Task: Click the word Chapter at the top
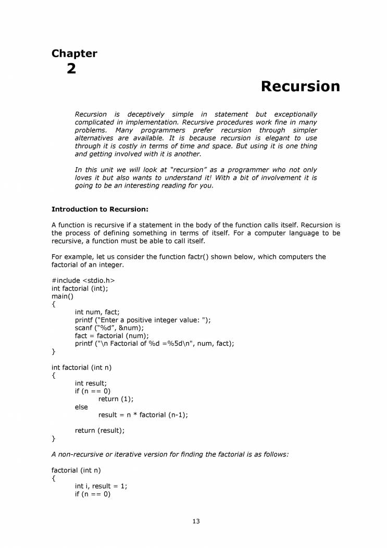tap(74, 53)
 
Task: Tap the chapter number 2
tap(71, 69)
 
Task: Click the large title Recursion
tap(300, 86)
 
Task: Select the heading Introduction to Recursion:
tap(100, 209)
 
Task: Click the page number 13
tap(196, 521)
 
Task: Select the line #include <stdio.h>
tap(83, 280)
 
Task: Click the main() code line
tap(63, 296)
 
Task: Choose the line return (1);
tap(116, 399)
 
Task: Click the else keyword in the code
tap(81, 407)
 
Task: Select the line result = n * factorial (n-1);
tap(143, 415)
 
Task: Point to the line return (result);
tap(100, 431)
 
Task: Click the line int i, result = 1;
tap(101, 486)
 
